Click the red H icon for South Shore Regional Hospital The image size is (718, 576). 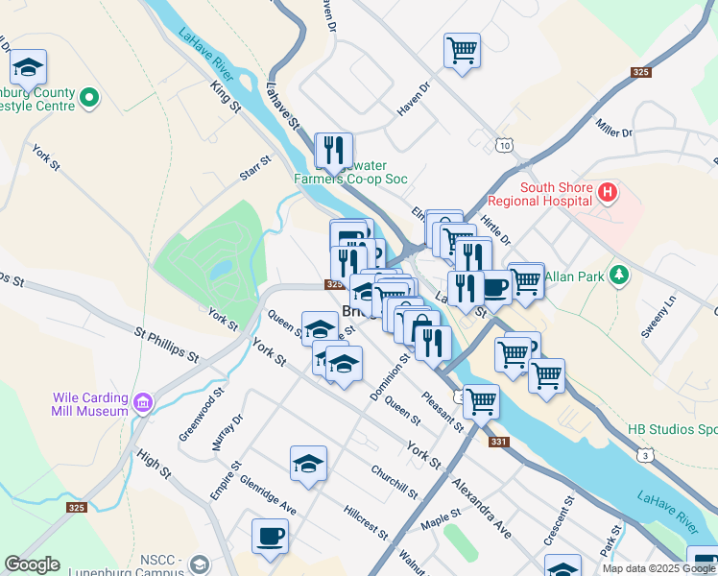[607, 194]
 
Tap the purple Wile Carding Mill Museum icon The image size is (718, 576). [143, 400]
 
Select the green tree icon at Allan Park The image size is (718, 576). [620, 276]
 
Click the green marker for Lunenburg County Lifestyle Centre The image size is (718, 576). [89, 97]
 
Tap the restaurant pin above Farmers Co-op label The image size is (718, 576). [333, 150]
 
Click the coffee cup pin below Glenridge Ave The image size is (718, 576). [270, 536]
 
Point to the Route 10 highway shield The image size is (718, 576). [506, 144]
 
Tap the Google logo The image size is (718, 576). [32, 564]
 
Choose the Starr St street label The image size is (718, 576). [256, 170]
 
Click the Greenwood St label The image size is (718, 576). [201, 415]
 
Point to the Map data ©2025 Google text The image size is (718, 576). [658, 568]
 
